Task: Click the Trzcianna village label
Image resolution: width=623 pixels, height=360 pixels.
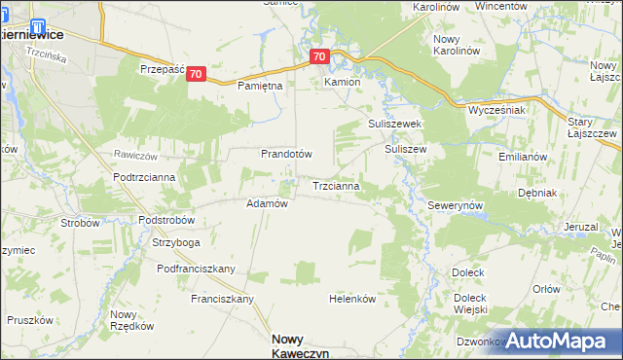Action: (337, 185)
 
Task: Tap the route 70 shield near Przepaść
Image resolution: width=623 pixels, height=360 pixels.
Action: (197, 74)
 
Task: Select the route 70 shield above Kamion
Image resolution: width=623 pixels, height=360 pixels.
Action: (320, 57)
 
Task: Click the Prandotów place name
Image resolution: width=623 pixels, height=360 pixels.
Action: (285, 154)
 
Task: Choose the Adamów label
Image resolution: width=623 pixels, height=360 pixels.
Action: (267, 203)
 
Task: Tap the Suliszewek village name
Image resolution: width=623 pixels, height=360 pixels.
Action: (393, 125)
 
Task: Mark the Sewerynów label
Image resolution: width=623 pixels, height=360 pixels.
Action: (456, 207)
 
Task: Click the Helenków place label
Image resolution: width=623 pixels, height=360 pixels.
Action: (352, 299)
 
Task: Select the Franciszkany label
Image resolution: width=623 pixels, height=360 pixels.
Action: (222, 298)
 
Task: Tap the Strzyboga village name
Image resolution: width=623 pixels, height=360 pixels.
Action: (175, 242)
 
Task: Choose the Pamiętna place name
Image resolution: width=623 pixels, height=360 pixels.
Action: (260, 87)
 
